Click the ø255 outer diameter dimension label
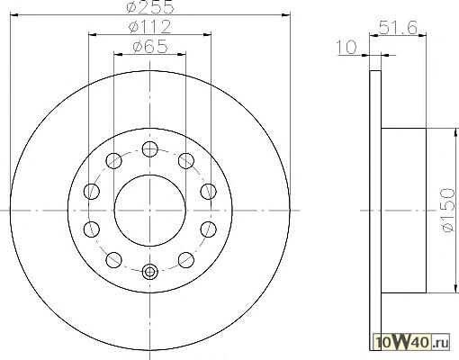coord(150,6)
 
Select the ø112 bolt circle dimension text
coord(150,27)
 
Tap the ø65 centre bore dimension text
coord(150,47)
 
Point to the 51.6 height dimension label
coord(398,28)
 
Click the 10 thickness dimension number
coord(346,47)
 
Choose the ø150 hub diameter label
coord(449,210)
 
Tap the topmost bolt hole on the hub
coord(150,148)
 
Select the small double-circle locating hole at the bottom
coord(150,272)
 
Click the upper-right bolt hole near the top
coord(186,160)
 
